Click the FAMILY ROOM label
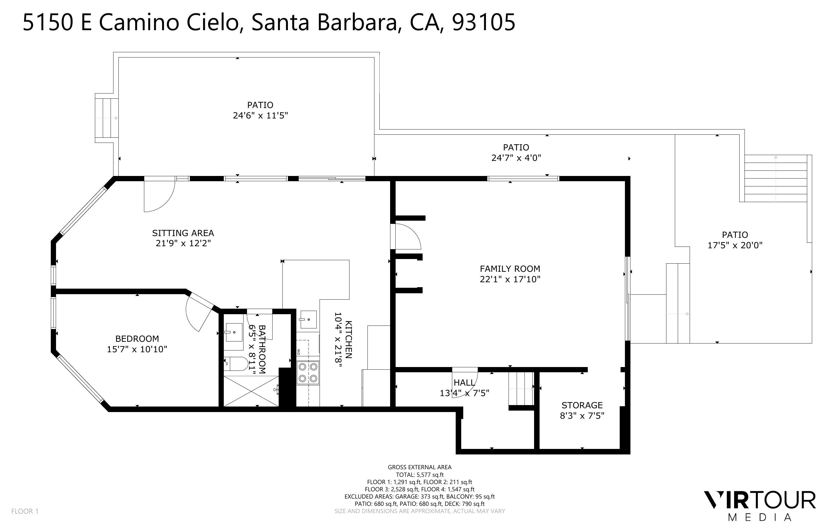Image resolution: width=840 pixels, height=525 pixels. (510, 269)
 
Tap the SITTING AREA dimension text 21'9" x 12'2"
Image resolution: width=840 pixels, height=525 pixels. (183, 243)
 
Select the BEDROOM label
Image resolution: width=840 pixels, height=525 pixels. (137, 339)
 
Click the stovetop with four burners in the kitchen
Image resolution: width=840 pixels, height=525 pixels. (308, 372)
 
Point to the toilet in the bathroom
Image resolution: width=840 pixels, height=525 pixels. (236, 364)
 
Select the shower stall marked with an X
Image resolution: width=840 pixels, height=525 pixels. (250, 391)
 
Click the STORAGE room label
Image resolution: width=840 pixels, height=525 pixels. (582, 405)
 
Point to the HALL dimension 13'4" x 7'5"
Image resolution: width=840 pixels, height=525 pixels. (464, 393)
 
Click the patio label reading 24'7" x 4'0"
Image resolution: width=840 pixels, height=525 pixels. (516, 158)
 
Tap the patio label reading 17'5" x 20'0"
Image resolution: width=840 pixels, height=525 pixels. (735, 245)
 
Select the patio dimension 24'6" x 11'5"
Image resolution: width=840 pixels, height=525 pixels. (260, 115)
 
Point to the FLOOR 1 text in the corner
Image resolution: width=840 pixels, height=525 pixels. (25, 511)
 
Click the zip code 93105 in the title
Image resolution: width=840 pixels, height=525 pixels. (484, 22)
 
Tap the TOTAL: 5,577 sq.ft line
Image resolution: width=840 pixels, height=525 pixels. (419, 475)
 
